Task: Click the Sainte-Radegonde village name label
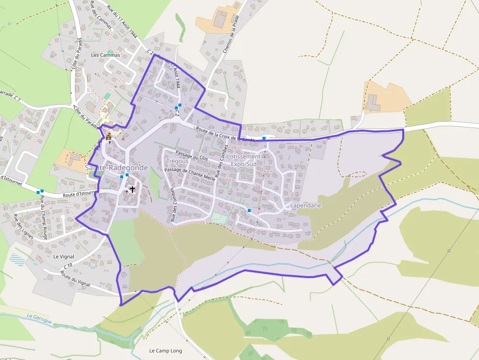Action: pyautogui.click(x=116, y=168)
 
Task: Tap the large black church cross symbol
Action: pyautogui.click(x=132, y=189)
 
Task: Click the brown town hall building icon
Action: pyautogui.click(x=109, y=136)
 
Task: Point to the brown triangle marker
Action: pyautogui.click(x=123, y=138)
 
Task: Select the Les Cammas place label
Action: pyautogui.click(x=105, y=55)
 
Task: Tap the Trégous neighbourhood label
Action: pyautogui.click(x=177, y=161)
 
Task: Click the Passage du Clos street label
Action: pyautogui.click(x=192, y=158)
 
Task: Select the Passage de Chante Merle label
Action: pyautogui.click(x=190, y=173)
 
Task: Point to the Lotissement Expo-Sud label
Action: pyautogui.click(x=244, y=160)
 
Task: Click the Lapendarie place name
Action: pyautogui.click(x=305, y=206)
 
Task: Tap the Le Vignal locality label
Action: pyautogui.click(x=64, y=256)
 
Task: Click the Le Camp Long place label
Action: pyautogui.click(x=165, y=351)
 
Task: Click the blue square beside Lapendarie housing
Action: pyautogui.click(x=249, y=210)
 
